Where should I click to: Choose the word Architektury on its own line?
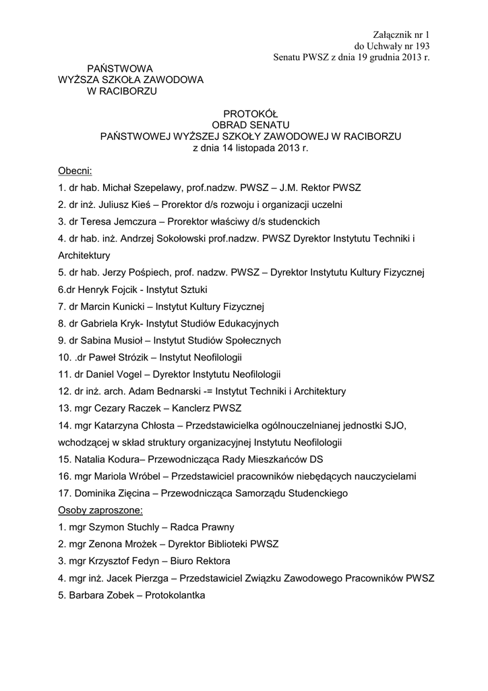click(84, 255)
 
